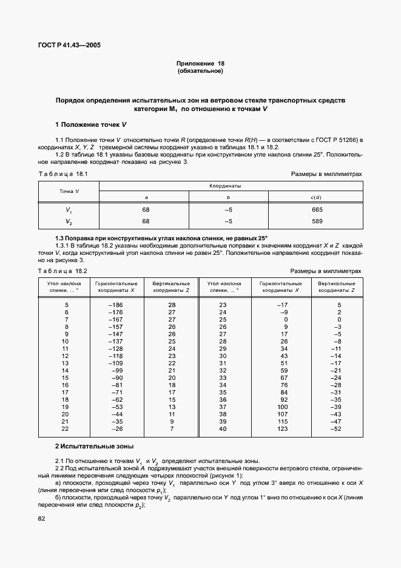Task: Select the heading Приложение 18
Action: (200, 63)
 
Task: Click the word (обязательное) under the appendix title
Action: (200, 71)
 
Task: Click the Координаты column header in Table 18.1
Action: (231, 186)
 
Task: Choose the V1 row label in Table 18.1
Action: (69, 210)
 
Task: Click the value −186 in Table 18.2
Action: (115, 304)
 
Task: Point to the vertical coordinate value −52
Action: (335, 429)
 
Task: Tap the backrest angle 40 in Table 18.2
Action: (223, 429)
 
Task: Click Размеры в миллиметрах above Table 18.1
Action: (326, 174)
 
